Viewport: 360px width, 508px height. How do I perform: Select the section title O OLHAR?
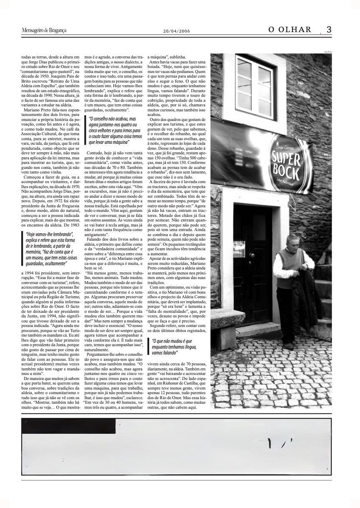[290, 30]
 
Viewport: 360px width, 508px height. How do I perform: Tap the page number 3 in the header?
[329, 30]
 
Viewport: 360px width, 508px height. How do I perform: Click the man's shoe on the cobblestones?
[288, 346]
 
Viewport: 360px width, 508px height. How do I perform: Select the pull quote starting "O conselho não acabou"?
[109, 131]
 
